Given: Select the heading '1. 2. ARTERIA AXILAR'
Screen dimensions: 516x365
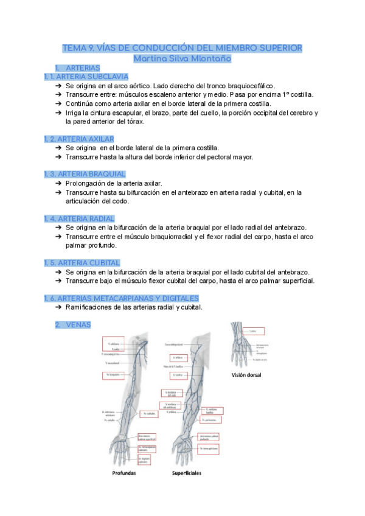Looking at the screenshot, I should click(79, 139).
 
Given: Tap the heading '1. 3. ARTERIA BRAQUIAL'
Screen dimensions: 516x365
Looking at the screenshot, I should click(85, 174).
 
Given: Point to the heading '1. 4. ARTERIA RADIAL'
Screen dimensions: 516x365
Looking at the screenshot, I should click(79, 218).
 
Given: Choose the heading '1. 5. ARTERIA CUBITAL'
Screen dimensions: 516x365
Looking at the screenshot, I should click(82, 262).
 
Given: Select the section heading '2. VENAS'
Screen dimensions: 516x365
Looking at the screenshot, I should click(72, 325).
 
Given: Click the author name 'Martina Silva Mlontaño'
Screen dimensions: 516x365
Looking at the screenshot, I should click(182, 59).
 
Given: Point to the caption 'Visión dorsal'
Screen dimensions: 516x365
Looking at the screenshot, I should click(246, 375).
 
